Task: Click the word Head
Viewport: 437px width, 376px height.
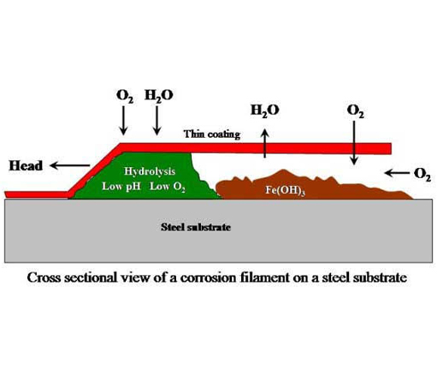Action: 26,166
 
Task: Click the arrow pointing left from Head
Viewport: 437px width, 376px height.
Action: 70,165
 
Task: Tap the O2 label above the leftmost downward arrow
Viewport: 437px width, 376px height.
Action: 125,96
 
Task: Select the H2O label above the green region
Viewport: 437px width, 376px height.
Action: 159,95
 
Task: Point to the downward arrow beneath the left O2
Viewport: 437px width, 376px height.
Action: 123,121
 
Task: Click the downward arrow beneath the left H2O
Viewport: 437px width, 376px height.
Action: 156,121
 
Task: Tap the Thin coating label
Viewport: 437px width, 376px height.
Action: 212,134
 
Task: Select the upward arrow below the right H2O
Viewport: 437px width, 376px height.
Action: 265,143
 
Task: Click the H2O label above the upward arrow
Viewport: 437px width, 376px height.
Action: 265,110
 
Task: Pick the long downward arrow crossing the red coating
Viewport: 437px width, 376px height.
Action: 354,143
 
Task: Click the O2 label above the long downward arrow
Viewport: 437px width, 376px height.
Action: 355,110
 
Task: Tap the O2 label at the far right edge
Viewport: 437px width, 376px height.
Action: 422,174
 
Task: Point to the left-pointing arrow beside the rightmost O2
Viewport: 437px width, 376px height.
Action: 397,173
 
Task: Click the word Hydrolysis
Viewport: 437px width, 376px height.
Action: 150,171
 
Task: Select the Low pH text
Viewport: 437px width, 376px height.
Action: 121,187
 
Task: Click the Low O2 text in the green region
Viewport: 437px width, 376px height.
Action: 168,187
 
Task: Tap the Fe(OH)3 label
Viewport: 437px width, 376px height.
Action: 285,190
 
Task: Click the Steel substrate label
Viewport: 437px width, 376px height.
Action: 196,227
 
